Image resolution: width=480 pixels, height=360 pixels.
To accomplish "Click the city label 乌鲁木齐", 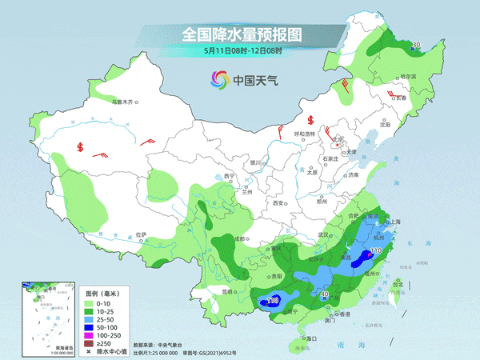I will click(x=125, y=102).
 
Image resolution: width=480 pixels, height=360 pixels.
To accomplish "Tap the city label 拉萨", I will click(x=142, y=234).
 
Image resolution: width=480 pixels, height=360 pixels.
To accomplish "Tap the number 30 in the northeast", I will click(x=415, y=44).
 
